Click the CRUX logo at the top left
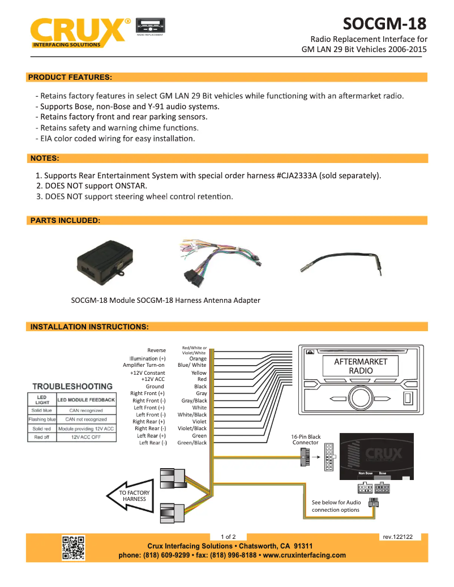(79, 31)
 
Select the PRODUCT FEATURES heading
(70, 77)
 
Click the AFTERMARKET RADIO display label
(361, 366)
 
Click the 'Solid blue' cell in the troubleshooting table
(42, 410)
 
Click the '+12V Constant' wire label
(147, 373)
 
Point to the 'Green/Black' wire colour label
(192, 443)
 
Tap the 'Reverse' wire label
(156, 350)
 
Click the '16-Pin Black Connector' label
(306, 439)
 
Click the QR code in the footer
(73, 548)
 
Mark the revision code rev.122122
(397, 537)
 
